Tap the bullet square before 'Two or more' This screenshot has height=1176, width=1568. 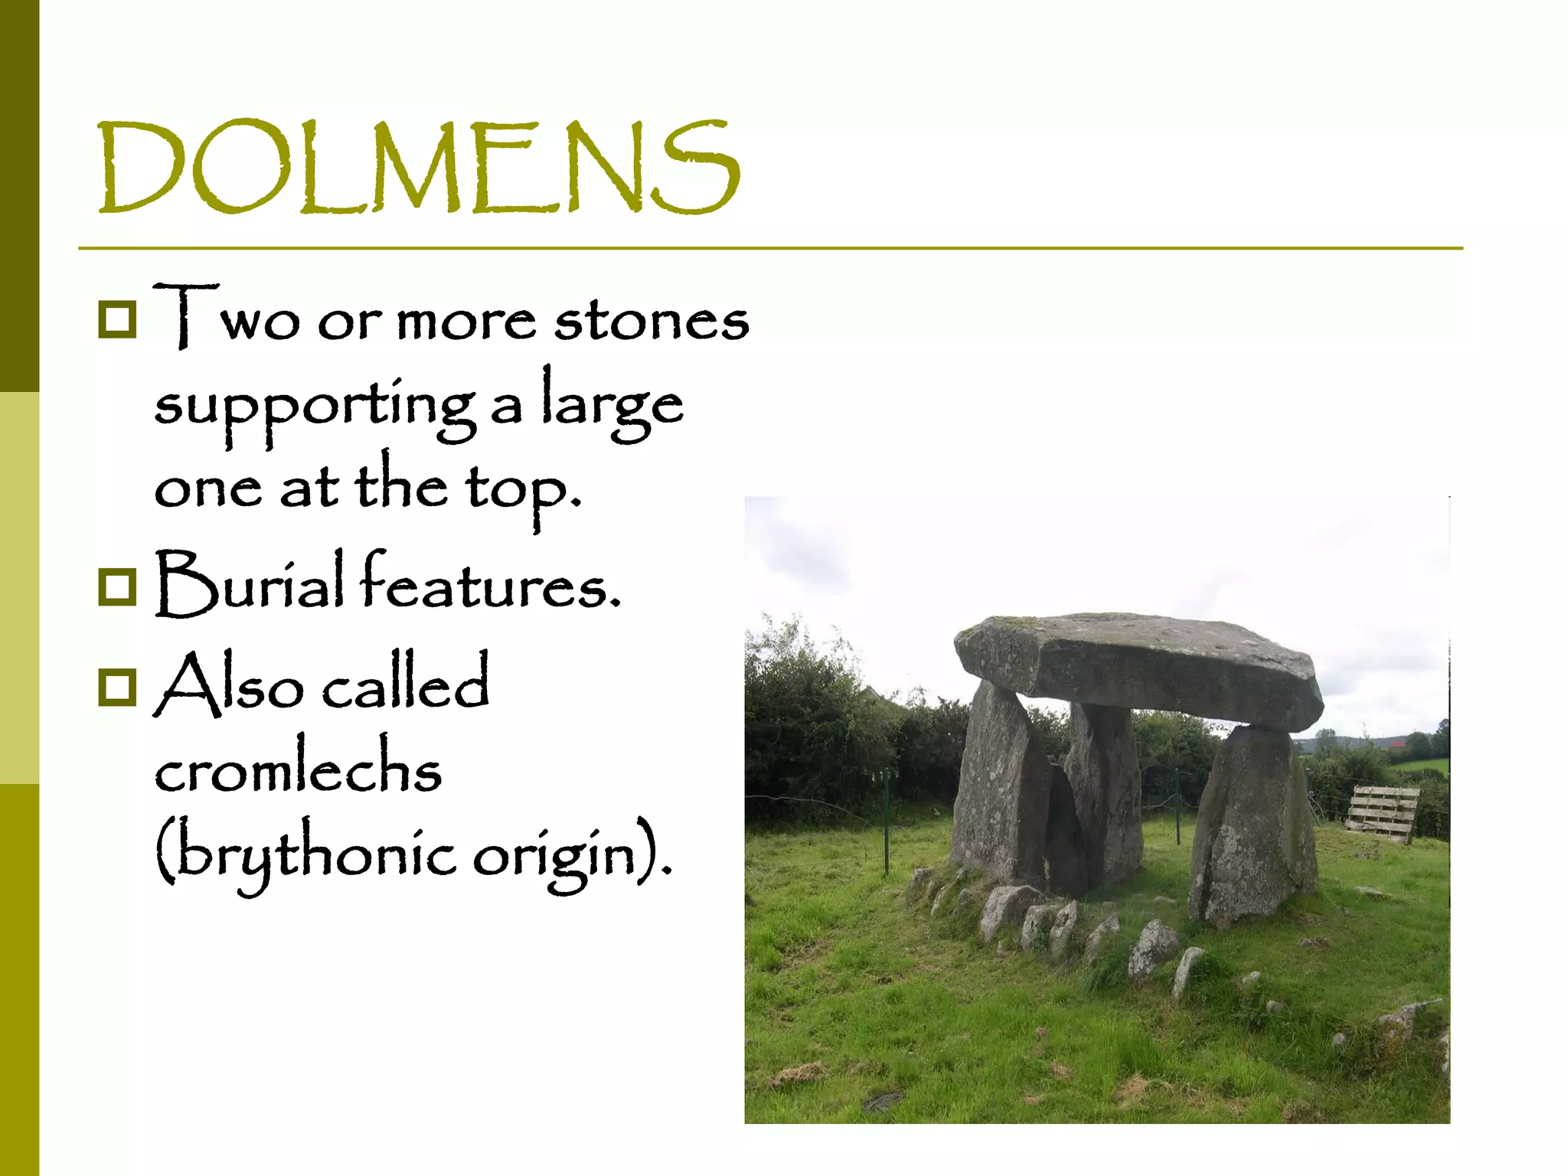[x=117, y=319]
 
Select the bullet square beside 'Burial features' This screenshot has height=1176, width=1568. [x=117, y=586]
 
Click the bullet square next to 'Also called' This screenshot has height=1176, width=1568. [x=117, y=687]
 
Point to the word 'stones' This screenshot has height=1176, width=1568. [x=651, y=320]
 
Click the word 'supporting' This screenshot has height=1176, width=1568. [x=314, y=406]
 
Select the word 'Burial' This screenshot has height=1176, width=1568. [x=249, y=583]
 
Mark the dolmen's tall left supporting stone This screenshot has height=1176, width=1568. [x=995, y=789]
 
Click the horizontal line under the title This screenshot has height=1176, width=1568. [x=770, y=249]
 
